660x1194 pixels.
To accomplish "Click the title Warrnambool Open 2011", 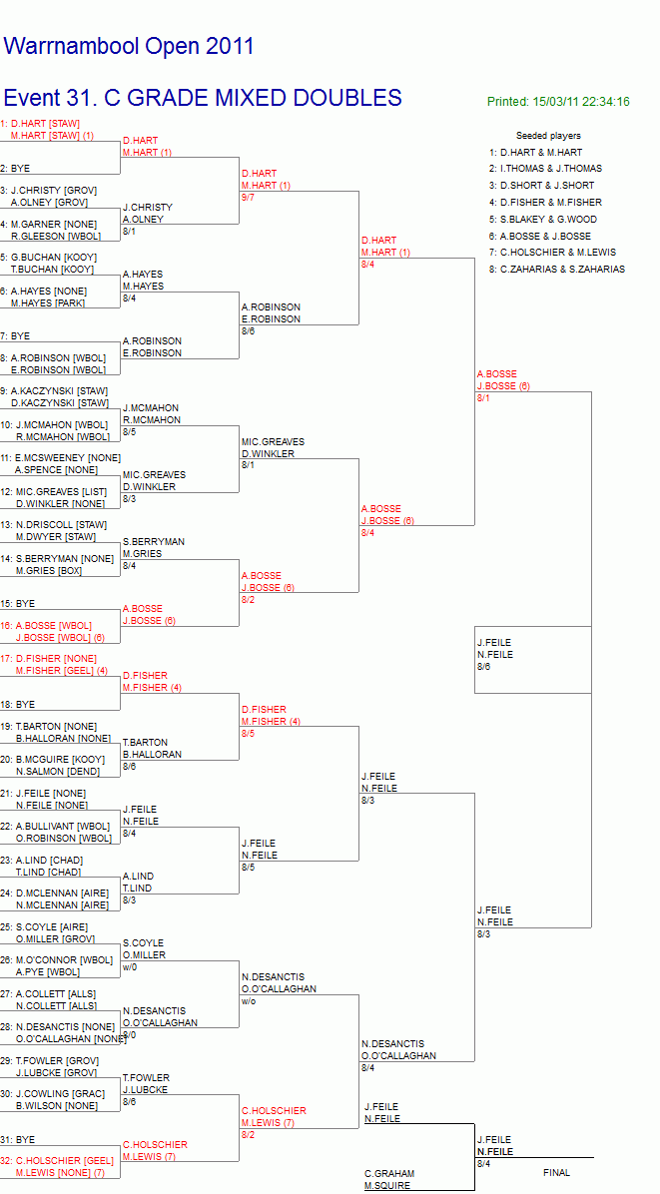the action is (x=129, y=47).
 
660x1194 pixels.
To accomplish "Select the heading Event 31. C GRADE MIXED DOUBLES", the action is (x=203, y=98).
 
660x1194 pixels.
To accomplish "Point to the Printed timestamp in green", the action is (x=558, y=101).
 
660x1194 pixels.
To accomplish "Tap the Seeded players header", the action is (x=548, y=136).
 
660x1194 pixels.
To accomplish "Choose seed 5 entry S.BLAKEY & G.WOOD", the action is (x=543, y=220).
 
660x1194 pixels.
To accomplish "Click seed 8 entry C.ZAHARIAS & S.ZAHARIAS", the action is (x=557, y=269).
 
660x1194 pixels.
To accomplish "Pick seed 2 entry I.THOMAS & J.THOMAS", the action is (x=546, y=169).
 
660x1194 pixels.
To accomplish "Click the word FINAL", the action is (x=556, y=1173).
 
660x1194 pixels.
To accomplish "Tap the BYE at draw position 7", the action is (x=15, y=335).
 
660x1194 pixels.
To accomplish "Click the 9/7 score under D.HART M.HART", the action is (x=248, y=198).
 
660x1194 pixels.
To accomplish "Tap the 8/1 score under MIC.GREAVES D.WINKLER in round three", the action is (x=249, y=464).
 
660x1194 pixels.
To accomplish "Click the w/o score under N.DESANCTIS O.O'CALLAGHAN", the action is (x=249, y=1000).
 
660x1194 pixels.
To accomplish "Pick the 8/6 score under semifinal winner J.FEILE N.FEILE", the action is (x=484, y=666).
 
